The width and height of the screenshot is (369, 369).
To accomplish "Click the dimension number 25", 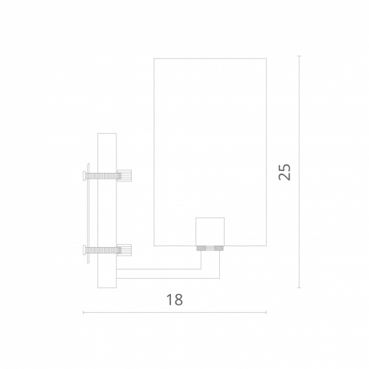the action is (x=285, y=172).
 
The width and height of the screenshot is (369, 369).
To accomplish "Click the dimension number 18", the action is (x=174, y=299).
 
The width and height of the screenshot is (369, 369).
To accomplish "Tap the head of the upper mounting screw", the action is (x=84, y=176).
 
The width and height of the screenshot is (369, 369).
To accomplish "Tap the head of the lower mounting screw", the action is (x=84, y=250).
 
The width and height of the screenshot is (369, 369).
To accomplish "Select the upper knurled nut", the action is (x=124, y=176).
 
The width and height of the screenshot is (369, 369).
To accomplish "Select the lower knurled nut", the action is (x=124, y=250).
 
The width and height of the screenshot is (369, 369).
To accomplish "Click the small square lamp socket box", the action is (x=210, y=231).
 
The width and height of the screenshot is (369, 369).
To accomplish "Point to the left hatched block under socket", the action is (x=201, y=248).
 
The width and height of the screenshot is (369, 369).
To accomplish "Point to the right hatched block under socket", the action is (x=219, y=248).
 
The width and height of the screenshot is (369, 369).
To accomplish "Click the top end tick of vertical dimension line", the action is (x=299, y=56).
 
